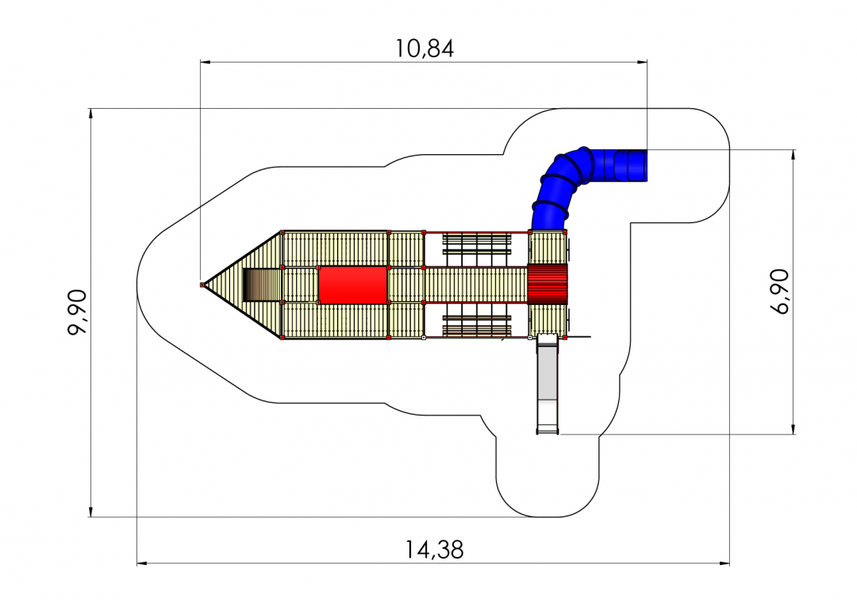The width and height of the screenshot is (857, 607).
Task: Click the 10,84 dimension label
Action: pos(425,48)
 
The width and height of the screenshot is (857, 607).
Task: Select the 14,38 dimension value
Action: pos(434,550)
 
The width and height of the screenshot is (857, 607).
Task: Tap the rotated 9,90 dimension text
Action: pos(77,312)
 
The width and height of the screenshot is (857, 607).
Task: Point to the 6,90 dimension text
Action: pos(780,291)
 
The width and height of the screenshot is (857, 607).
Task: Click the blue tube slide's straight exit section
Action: pos(630,165)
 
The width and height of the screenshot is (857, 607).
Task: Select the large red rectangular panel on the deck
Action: pos(352,284)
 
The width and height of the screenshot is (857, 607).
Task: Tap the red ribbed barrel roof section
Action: pos(547,284)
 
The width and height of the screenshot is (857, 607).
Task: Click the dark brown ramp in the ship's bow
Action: pos(261,284)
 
